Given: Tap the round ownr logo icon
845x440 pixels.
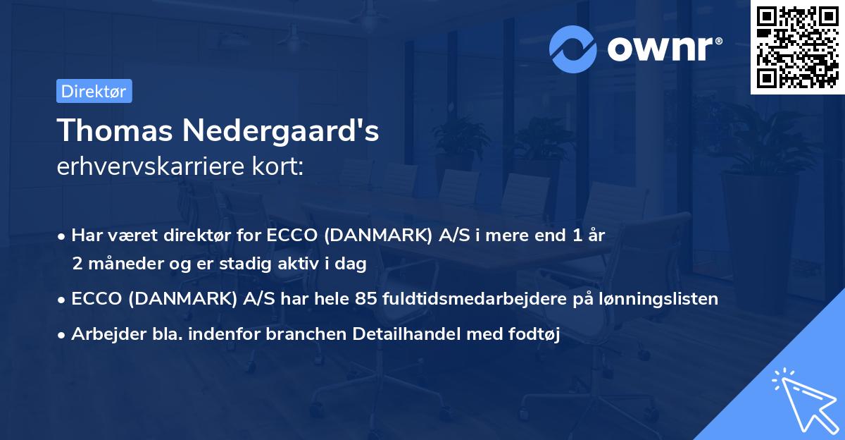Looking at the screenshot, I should [573, 49].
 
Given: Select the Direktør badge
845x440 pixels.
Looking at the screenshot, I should [94, 91].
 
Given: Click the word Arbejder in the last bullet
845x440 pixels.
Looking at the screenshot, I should [101, 334].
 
